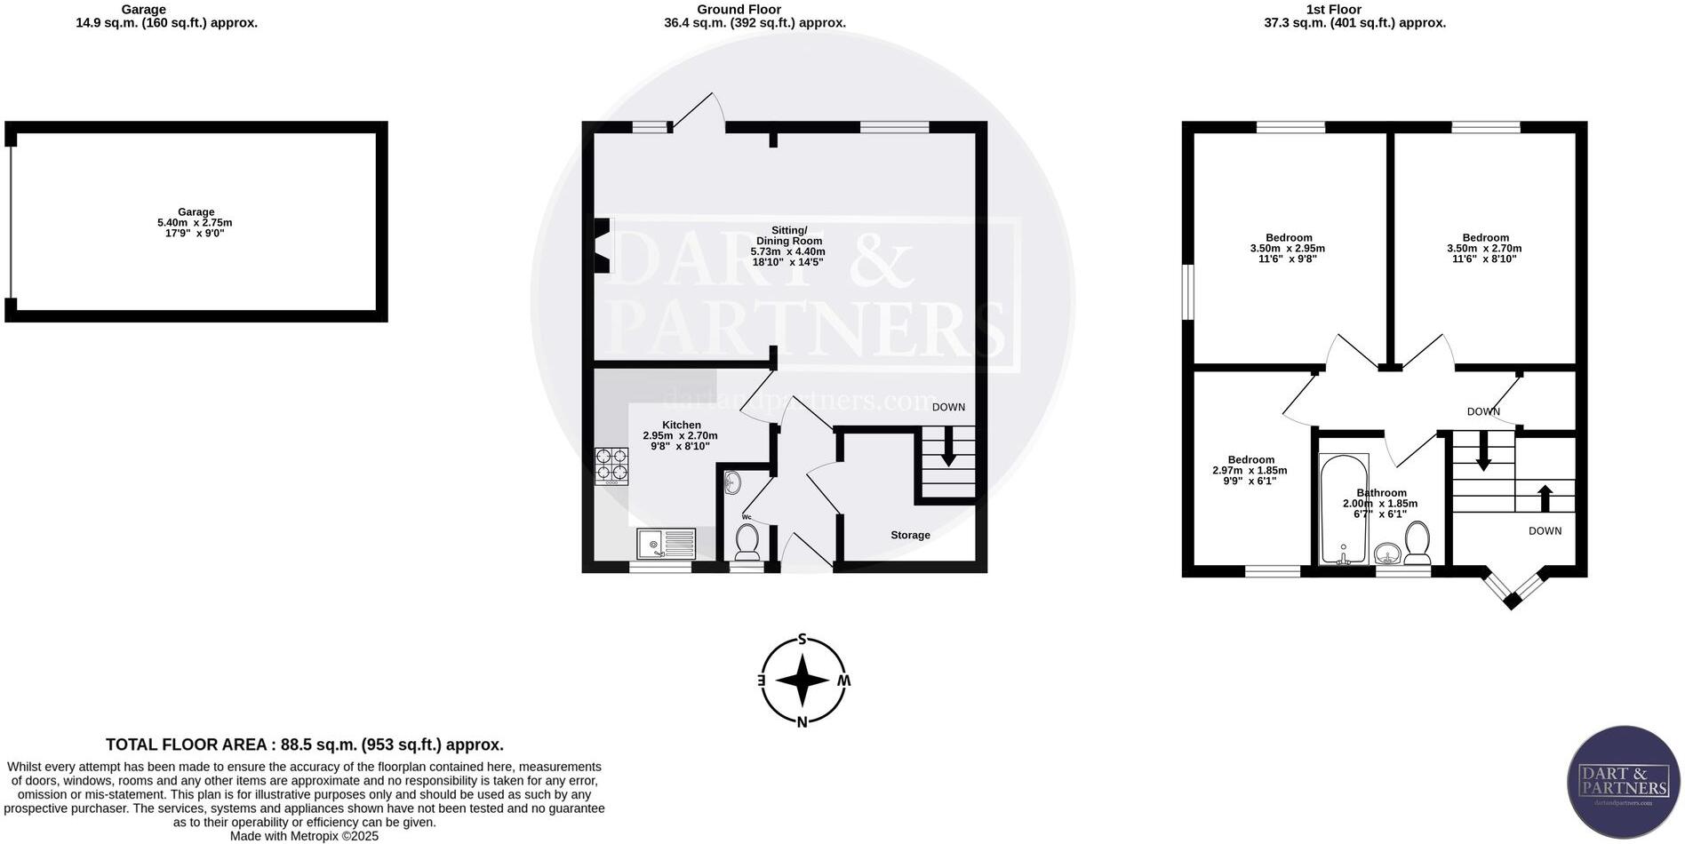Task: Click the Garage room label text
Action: pos(196,212)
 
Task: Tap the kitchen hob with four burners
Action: pos(611,465)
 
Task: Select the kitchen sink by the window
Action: pos(666,543)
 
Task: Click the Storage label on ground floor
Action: pos(910,535)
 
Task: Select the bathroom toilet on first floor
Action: pos(1417,542)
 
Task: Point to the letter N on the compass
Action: pos(802,721)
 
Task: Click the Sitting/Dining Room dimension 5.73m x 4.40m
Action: pos(788,251)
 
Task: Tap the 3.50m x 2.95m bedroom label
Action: pos(1288,249)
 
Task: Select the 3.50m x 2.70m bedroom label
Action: pos(1484,249)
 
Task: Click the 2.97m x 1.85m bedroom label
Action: pos(1250,471)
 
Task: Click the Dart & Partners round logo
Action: pos(1623,783)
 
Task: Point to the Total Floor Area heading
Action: pos(305,744)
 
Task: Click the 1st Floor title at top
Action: pos(1333,10)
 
